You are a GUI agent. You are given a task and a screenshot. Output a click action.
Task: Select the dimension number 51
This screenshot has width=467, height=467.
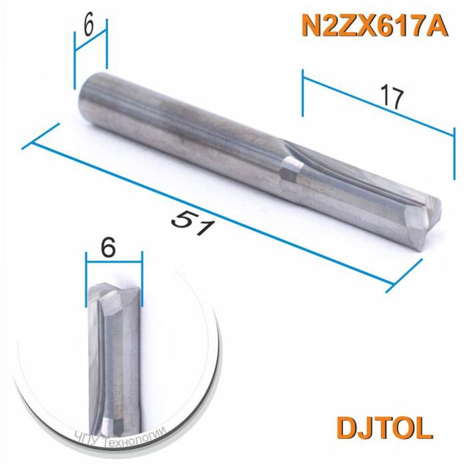(x=193, y=221)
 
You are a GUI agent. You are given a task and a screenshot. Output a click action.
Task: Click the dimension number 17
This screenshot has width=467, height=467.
(x=391, y=97)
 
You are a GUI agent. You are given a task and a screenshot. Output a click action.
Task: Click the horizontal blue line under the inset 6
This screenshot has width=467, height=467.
(x=115, y=263)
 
